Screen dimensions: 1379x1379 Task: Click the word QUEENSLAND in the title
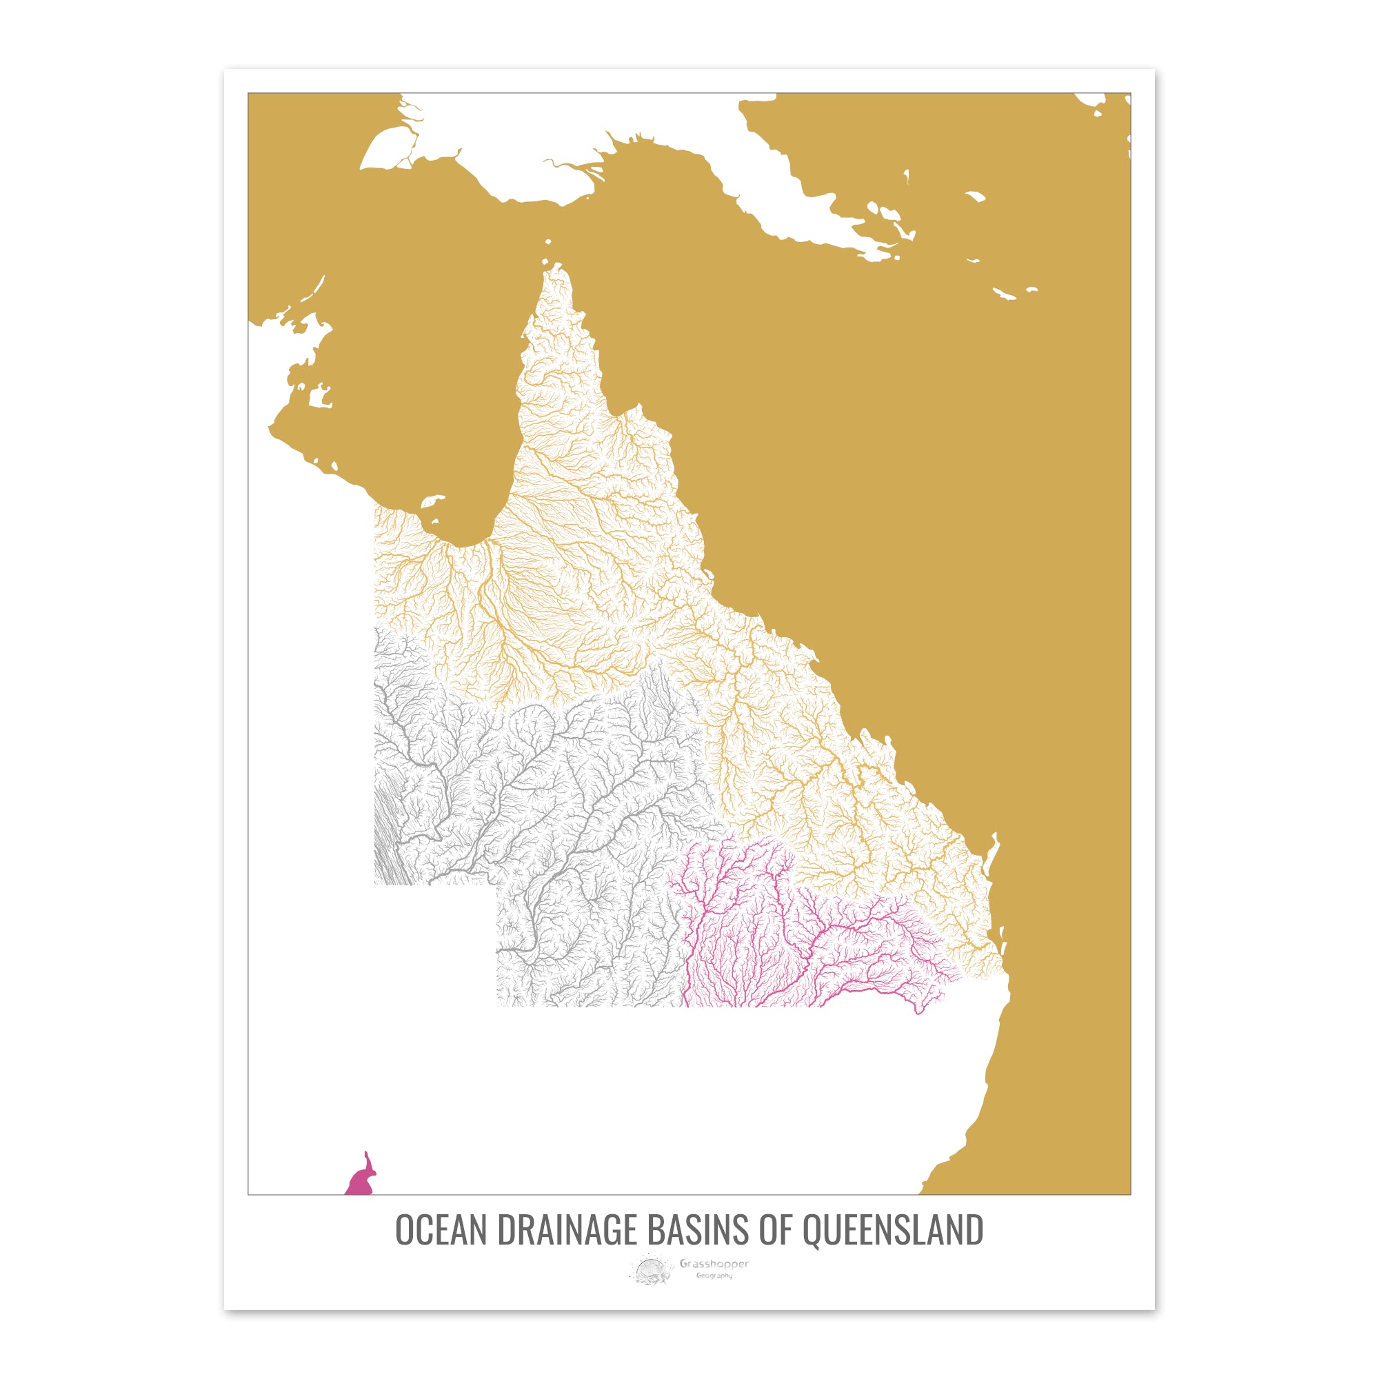[x=893, y=1229]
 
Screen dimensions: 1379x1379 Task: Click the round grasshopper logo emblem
[x=650, y=1271]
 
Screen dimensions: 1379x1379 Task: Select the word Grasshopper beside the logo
[x=714, y=1264]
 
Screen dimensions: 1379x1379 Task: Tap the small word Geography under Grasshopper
[x=714, y=1276]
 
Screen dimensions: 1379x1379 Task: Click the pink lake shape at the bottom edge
[x=361, y=1181]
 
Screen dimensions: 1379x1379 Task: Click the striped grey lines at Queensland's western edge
[x=389, y=843]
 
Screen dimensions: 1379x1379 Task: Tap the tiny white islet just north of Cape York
[x=548, y=242]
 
